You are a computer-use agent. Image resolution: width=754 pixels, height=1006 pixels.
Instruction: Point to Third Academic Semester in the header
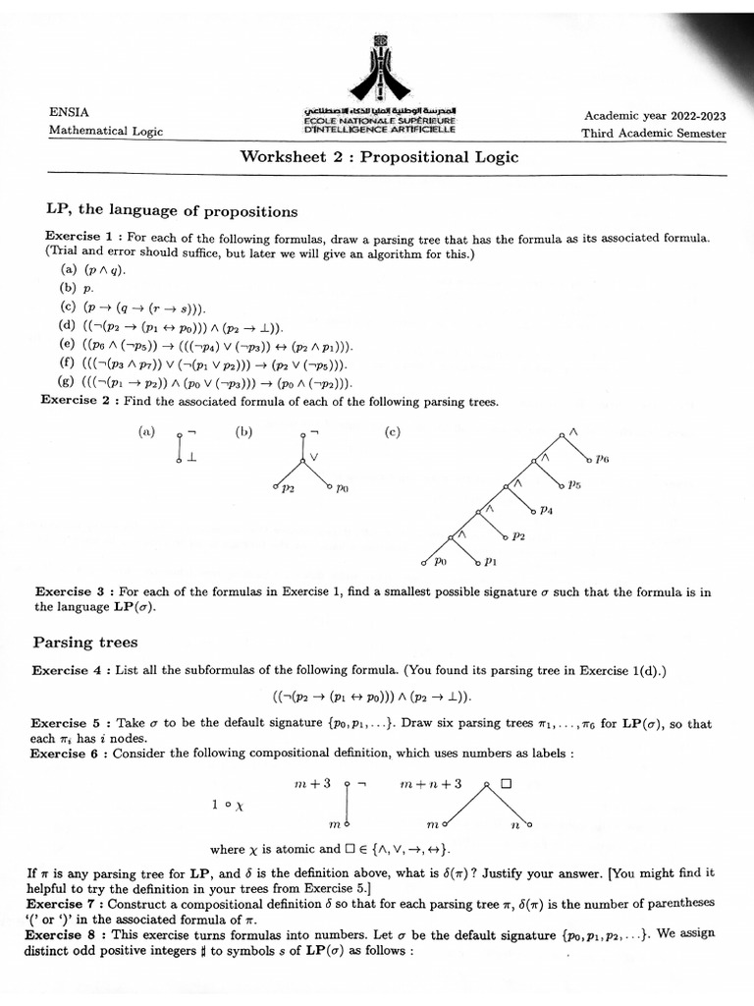coord(654,134)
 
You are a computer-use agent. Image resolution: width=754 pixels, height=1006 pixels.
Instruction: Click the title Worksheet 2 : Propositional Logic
coord(379,157)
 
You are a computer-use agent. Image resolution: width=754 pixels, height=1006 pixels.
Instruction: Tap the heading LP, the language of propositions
coord(172,211)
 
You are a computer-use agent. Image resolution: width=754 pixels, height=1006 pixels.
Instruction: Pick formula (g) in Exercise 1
coord(206,383)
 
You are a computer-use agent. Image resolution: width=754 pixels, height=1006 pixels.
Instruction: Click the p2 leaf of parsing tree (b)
coord(286,488)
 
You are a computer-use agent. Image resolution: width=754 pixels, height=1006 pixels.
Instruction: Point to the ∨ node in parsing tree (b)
coord(314,458)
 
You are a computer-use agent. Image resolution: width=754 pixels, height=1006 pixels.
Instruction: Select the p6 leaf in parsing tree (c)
coord(602,459)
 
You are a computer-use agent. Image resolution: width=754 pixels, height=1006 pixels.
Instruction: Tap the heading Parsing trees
coord(85,643)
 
